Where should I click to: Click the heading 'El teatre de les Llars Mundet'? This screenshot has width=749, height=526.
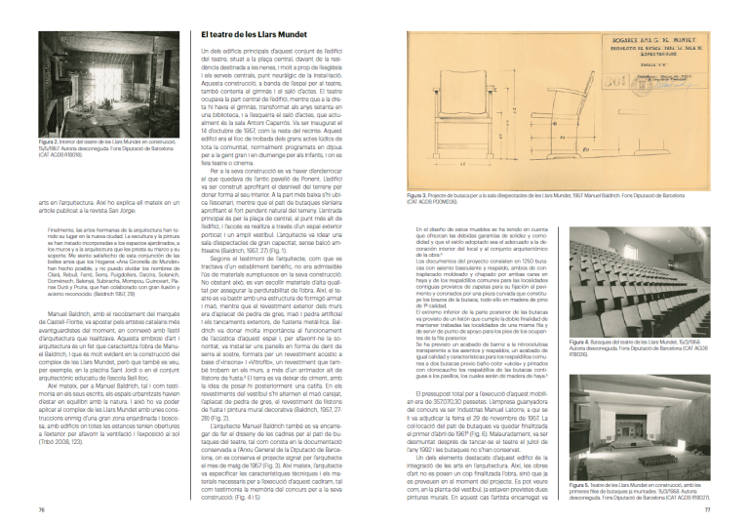[x=248, y=35]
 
